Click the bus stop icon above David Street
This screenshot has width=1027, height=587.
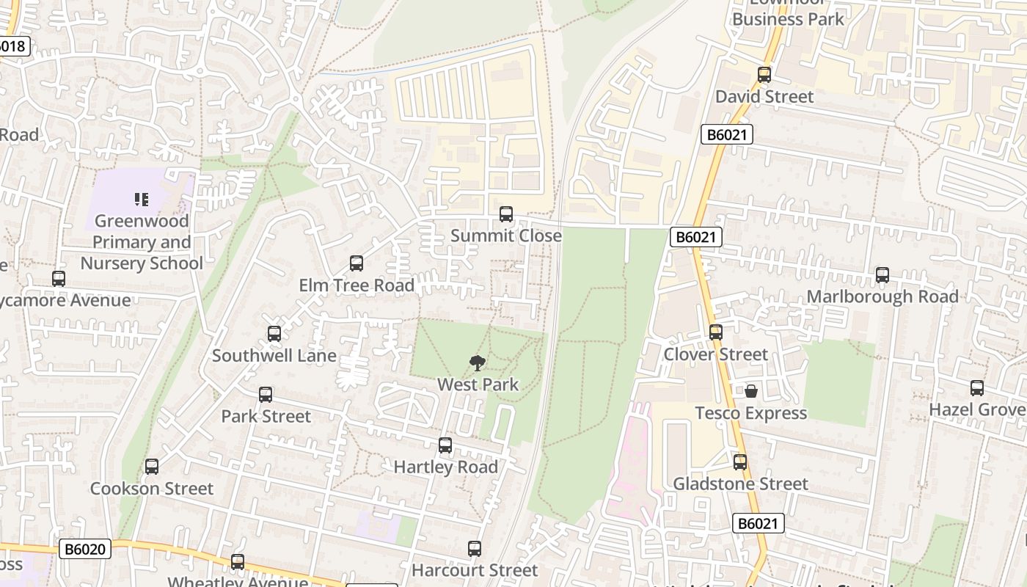(x=764, y=75)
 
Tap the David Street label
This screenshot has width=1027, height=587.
(x=764, y=97)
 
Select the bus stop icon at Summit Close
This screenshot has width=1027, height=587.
(x=505, y=214)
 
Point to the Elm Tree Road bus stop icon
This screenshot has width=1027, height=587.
(x=357, y=263)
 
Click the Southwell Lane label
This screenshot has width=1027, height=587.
(x=274, y=356)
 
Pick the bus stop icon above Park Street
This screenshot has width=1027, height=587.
(x=266, y=395)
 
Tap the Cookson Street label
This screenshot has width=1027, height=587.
(x=152, y=489)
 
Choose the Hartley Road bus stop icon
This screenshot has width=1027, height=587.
(x=445, y=445)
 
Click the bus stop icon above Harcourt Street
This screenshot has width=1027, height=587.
(x=475, y=549)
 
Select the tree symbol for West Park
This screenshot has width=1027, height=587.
(x=478, y=362)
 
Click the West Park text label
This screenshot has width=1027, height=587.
(x=478, y=384)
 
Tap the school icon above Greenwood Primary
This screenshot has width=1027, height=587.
(x=142, y=199)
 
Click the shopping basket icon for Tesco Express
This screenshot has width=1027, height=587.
(x=750, y=392)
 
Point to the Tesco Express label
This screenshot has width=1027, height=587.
(x=750, y=413)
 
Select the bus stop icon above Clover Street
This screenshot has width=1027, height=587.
(x=716, y=332)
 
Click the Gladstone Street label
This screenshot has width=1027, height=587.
(x=740, y=484)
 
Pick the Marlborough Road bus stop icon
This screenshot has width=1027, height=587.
(x=882, y=275)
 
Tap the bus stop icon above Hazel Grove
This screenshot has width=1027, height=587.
(x=977, y=388)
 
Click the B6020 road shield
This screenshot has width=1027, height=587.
(x=84, y=549)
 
